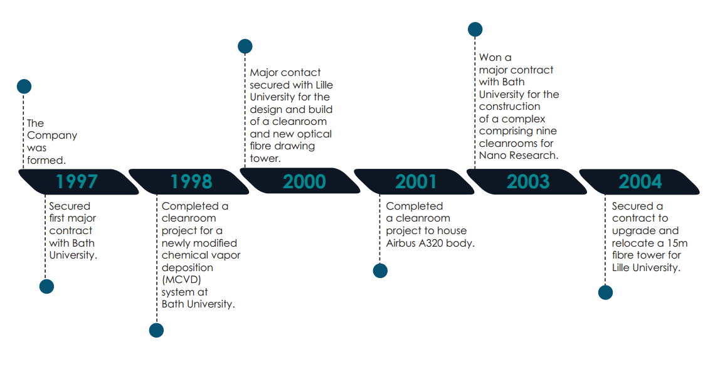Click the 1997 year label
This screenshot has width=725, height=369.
pos(77,182)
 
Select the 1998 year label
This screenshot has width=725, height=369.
pos(191,182)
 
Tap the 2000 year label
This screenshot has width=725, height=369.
pos(304,182)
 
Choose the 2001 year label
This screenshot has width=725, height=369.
pos(416,182)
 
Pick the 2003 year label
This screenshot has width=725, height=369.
pos(528,182)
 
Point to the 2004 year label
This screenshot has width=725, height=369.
pos(640,182)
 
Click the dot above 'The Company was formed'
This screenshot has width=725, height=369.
pos(24,87)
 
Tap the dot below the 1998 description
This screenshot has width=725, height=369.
pos(156,330)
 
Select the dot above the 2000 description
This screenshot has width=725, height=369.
pos(245,46)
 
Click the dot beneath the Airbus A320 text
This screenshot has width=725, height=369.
pos(380,270)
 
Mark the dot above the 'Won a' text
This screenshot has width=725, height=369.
pos(475,29)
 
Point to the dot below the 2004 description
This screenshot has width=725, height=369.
pos(605,292)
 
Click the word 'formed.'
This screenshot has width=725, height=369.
pos(46,160)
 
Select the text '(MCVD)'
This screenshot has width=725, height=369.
pos(181,280)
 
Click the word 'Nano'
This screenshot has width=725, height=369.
pos(492,156)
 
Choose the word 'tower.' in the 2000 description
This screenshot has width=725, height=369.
pos(265,158)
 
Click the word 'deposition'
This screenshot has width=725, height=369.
pos(188,268)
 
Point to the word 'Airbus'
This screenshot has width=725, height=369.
pos(401,243)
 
